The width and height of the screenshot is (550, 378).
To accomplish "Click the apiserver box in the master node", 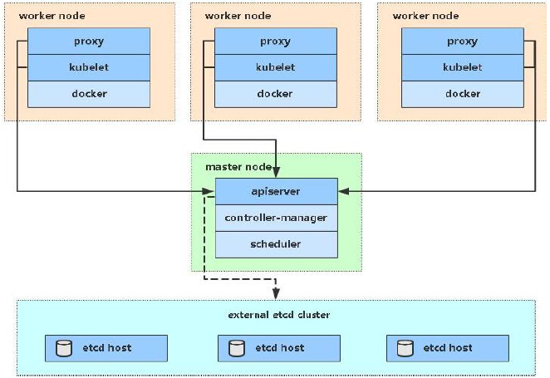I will (x=276, y=191).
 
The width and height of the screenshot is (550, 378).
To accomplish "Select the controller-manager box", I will (x=276, y=218).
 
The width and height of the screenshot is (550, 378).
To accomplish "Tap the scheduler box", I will (x=276, y=244).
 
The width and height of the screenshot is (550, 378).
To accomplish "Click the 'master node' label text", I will (x=233, y=167).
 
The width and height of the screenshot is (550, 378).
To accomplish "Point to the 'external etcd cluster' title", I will (x=278, y=315).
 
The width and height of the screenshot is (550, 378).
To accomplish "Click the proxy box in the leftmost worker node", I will (x=89, y=42).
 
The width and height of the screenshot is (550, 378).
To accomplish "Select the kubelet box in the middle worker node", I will (x=275, y=67).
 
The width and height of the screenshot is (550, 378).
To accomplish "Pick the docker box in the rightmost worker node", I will (x=462, y=94).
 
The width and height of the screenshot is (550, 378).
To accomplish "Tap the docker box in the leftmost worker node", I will (x=89, y=94).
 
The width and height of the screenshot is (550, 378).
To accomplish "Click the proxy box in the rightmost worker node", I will (x=462, y=42).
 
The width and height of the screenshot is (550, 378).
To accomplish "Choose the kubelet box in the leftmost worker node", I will (x=89, y=67).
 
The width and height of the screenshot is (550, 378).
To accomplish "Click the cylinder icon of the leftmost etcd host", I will (x=63, y=348).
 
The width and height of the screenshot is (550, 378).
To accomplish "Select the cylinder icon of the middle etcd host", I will (x=237, y=348).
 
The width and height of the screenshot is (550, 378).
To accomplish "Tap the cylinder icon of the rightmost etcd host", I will (x=405, y=348).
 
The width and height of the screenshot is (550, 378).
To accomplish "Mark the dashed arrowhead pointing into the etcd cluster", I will (x=276, y=293).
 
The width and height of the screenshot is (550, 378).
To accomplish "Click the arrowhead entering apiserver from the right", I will (x=343, y=191).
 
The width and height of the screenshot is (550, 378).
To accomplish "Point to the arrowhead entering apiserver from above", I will (x=276, y=173).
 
